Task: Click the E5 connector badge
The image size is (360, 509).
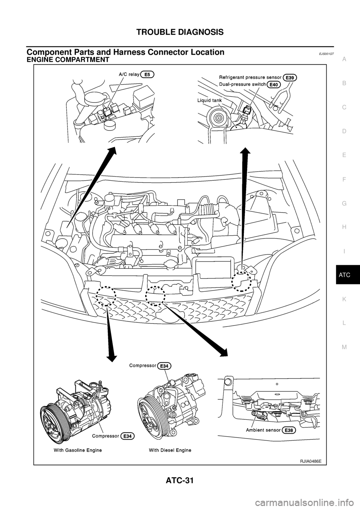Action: pyautogui.click(x=147, y=75)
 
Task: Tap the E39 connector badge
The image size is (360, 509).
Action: pyautogui.click(x=291, y=78)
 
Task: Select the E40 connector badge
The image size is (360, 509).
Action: pyautogui.click(x=274, y=85)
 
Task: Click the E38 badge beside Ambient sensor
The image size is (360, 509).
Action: pyautogui.click(x=289, y=430)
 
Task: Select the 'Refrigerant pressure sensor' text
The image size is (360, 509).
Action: pyautogui.click(x=250, y=78)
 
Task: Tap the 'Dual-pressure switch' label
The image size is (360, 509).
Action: pyautogui.click(x=243, y=85)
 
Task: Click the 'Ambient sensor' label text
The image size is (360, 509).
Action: pyautogui.click(x=262, y=430)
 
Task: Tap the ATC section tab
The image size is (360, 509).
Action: pyautogui.click(x=345, y=275)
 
